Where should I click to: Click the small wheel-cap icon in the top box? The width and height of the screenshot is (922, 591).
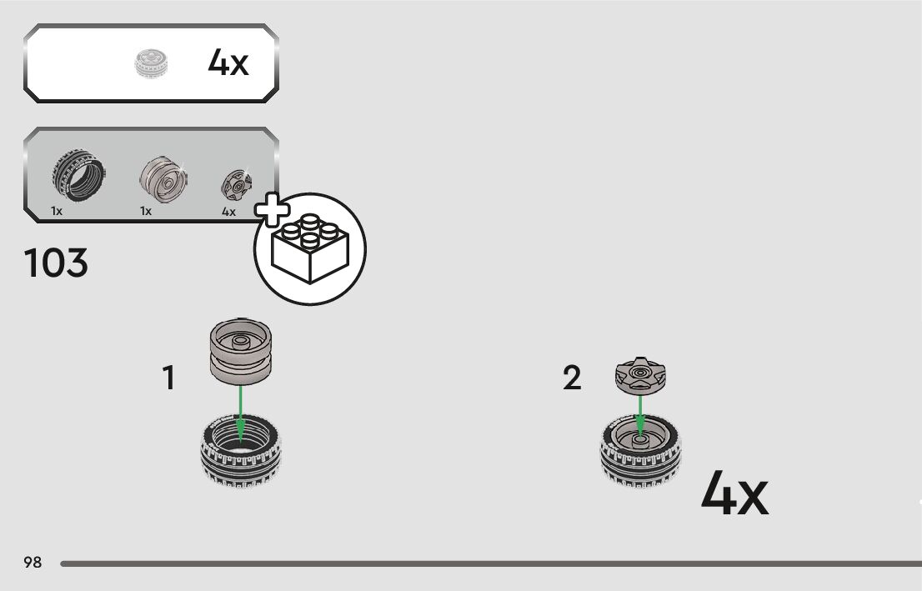[x=152, y=64]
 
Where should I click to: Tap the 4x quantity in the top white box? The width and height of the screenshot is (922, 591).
[x=228, y=63]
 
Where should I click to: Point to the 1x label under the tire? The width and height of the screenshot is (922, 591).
[x=57, y=212]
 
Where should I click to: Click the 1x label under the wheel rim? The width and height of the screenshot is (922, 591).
[x=146, y=212]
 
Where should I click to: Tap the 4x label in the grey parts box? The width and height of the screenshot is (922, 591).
[x=228, y=212]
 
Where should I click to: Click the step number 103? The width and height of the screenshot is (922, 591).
[x=56, y=264]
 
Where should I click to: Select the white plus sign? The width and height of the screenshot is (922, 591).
[x=271, y=210]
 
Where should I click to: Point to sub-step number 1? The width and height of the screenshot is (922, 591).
[x=168, y=378]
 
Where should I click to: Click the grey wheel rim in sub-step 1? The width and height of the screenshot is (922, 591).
[x=240, y=352]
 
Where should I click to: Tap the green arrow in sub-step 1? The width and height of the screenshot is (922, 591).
[x=240, y=408]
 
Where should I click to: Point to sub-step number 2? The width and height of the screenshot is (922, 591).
[x=572, y=378]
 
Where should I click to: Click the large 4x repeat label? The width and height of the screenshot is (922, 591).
[x=734, y=493]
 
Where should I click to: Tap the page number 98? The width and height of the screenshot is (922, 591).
[x=33, y=563]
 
